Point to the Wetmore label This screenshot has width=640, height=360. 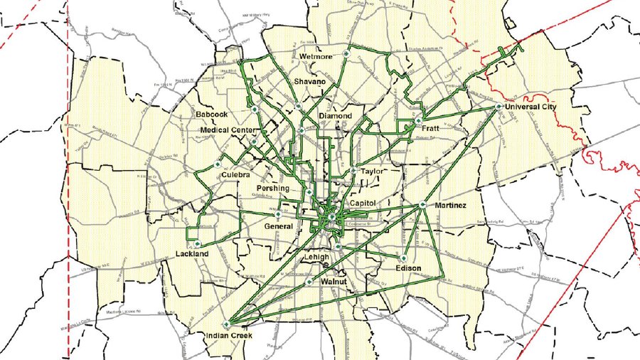tap(316, 55)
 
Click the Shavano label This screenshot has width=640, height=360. tap(310, 83)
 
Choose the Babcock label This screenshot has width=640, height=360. tap(213, 114)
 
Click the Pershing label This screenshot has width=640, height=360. tap(273, 189)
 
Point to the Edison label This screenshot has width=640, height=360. tap(408, 268)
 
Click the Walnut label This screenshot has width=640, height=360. tap(333, 282)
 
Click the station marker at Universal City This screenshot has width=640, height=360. tap(500, 107)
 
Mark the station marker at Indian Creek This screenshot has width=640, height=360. tap(227, 324)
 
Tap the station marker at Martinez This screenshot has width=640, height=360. tap(422, 205)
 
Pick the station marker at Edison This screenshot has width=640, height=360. tap(404, 258)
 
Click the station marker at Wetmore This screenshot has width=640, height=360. tap(346, 53)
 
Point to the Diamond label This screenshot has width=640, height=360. tap(335, 115)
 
